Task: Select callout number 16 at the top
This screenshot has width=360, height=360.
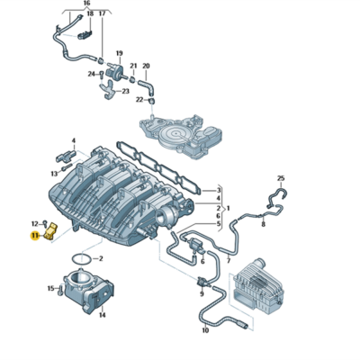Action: pyautogui.click(x=86, y=4)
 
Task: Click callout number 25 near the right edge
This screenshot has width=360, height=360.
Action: pyautogui.click(x=280, y=178)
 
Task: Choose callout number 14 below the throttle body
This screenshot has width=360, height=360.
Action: pyautogui.click(x=102, y=315)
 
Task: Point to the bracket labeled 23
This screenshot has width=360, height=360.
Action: pyautogui.click(x=110, y=85)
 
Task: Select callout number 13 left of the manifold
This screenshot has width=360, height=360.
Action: pyautogui.click(x=53, y=172)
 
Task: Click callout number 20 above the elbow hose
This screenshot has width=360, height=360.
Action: pyautogui.click(x=147, y=65)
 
